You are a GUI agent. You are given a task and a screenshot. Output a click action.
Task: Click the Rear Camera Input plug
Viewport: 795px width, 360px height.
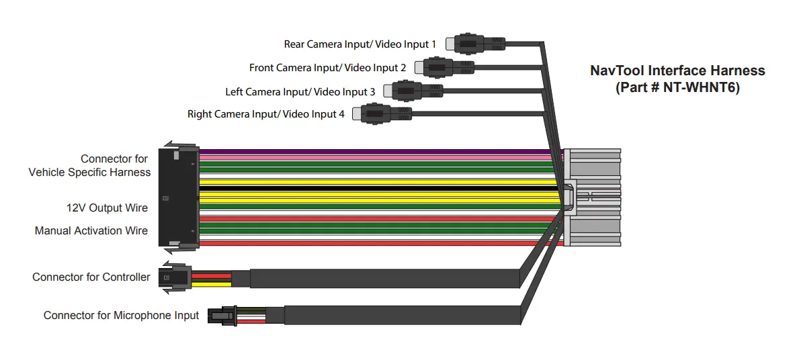tap(478, 44)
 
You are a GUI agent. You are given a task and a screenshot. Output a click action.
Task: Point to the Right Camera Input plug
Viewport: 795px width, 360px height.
tap(382, 114)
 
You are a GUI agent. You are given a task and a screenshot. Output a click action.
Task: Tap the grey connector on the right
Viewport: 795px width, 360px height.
tap(593, 197)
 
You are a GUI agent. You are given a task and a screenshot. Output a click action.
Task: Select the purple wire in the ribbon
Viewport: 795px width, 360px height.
tap(376, 152)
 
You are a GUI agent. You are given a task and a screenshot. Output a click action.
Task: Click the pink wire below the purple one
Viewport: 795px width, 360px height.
tap(376, 157)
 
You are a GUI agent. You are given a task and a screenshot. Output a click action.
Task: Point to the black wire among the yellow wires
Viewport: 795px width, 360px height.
tap(376, 189)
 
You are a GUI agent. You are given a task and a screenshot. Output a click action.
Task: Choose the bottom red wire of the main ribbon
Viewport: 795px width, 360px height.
tap(376, 243)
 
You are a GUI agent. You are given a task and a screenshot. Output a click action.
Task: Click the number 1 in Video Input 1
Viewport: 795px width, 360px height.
tap(433, 44)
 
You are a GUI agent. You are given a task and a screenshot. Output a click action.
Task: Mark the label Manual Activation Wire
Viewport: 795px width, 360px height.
tap(91, 230)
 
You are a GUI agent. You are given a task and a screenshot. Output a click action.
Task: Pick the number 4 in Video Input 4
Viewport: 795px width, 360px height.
tap(341, 114)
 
